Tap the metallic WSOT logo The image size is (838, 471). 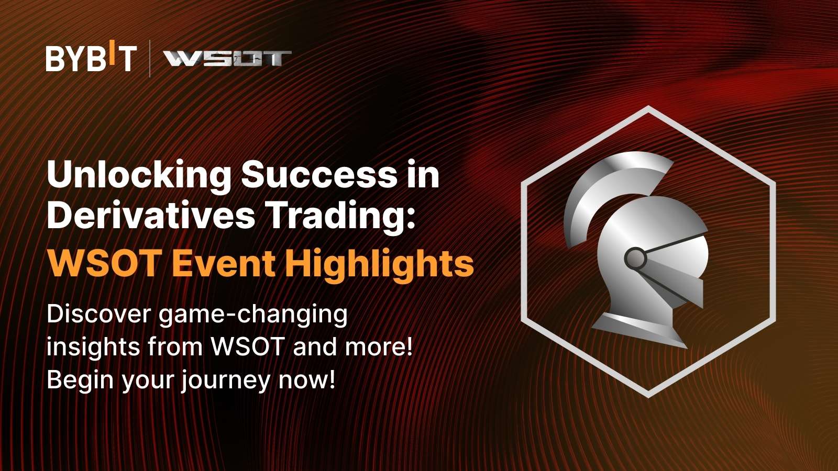pos(227,59)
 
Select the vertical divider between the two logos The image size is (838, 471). pos(150,58)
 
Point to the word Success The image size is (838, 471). pos(319,174)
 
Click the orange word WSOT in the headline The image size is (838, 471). pos(105,264)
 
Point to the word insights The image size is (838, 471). pos(93,347)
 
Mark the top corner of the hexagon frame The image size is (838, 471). pos(648,108)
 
